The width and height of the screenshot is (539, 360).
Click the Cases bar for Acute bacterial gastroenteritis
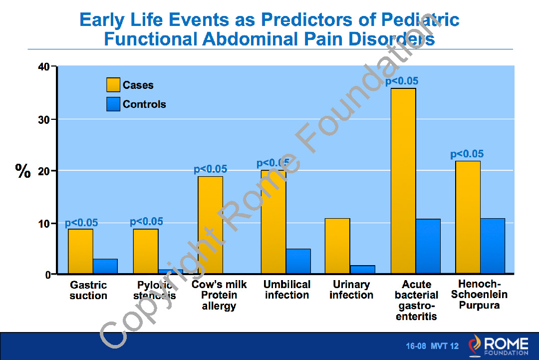(403, 181)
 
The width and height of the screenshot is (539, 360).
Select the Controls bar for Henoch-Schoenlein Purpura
(492, 246)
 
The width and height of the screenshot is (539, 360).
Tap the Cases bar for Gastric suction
(80, 251)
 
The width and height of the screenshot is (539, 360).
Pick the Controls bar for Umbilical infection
(298, 261)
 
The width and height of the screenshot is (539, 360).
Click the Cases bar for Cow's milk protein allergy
(210, 225)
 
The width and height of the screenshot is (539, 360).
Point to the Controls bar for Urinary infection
(363, 270)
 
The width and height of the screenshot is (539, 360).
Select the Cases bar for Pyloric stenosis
(146, 251)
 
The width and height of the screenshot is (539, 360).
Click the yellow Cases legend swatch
(113, 85)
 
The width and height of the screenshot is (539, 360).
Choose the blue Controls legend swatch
(113, 104)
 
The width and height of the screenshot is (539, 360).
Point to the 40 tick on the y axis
(44, 67)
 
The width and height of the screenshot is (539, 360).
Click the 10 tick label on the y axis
(44, 223)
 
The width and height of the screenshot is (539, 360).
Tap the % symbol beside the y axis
(23, 171)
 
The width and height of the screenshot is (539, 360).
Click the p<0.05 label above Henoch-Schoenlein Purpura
(467, 154)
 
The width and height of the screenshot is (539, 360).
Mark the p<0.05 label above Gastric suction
(81, 223)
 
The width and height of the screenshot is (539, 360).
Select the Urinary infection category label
(351, 290)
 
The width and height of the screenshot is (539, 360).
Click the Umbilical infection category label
(287, 290)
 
